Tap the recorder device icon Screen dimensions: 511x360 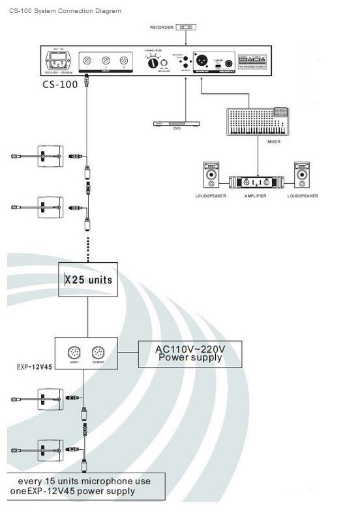(x=187, y=27)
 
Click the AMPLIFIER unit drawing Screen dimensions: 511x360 (x=256, y=182)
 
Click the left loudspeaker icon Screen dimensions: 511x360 (x=211, y=175)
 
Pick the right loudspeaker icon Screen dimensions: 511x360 (x=301, y=175)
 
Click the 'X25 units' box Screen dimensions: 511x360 (x=87, y=280)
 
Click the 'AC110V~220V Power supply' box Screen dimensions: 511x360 (x=189, y=353)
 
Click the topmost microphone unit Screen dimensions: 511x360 (x=48, y=156)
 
